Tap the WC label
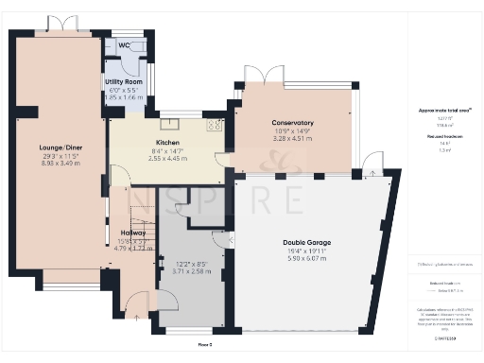coord(124,44)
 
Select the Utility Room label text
coord(124,83)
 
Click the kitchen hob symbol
coord(214,124)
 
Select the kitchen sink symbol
coord(169,122)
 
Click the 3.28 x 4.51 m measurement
coord(292,138)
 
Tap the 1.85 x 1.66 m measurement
coord(124,97)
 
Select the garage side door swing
coord(374,166)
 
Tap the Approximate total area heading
coord(445,111)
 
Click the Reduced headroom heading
coord(445,135)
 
